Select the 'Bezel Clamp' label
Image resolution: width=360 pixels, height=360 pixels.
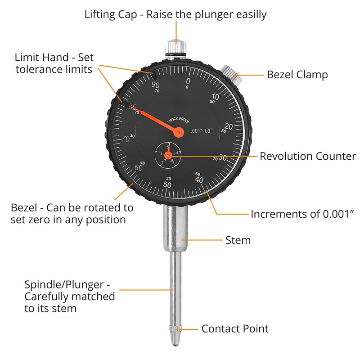(297, 74)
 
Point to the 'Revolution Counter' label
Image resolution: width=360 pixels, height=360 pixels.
(308, 156)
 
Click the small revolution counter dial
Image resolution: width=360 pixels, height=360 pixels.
(168, 155)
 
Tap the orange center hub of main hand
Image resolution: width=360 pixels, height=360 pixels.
(179, 132)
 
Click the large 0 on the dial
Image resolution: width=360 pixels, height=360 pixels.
(188, 81)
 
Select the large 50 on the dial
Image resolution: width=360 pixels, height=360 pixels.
(168, 185)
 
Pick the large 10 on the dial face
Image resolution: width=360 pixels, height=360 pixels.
(215, 97)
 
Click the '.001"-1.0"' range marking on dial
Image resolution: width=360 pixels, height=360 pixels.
(207, 131)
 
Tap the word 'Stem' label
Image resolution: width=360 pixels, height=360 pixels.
(238, 240)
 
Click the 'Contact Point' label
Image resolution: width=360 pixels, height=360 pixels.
(235, 328)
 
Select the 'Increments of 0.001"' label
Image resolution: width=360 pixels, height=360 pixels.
(301, 213)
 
